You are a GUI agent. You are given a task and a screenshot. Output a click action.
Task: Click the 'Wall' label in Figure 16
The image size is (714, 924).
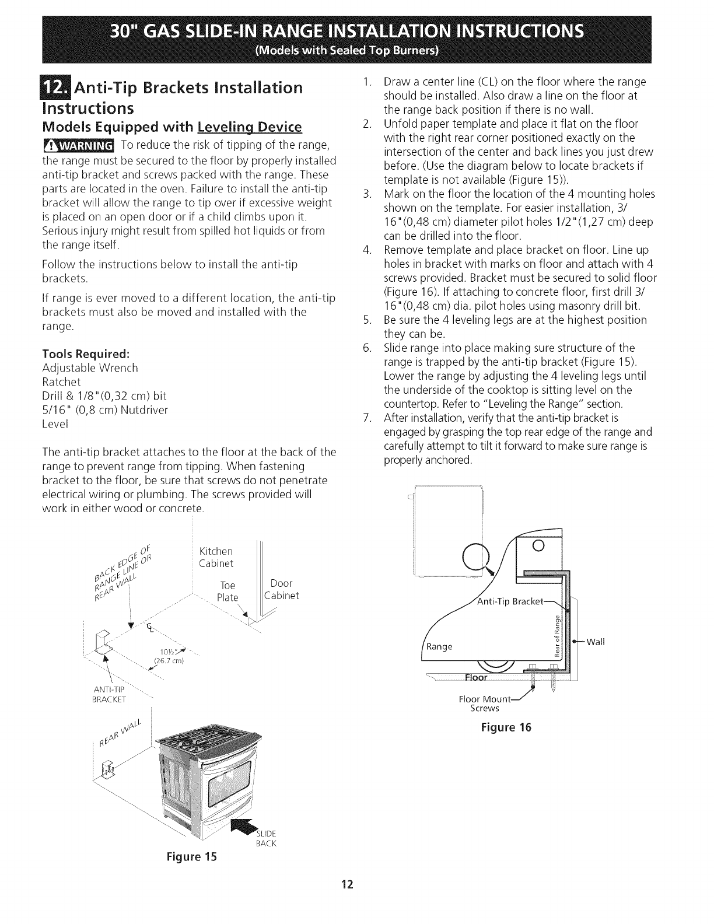click(x=596, y=642)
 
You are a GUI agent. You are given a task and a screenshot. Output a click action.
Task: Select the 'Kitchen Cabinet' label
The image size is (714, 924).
click(x=216, y=557)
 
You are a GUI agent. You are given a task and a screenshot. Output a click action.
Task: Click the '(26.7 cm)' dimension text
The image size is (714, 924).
click(x=169, y=660)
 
